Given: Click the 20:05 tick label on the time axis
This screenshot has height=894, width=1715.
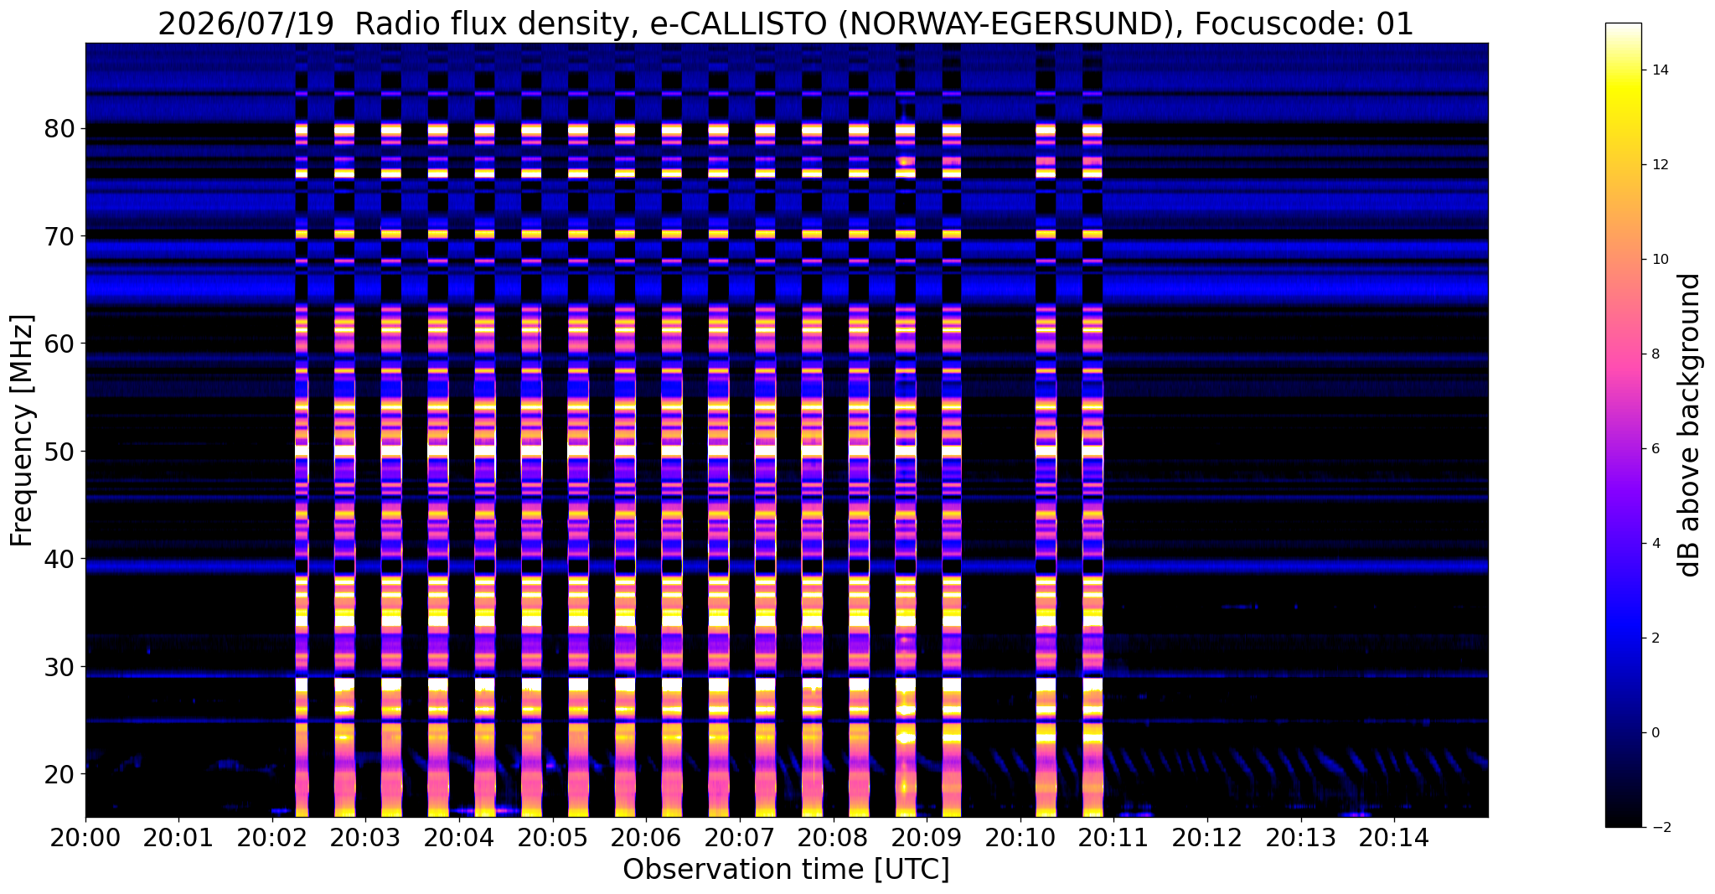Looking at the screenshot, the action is pyautogui.click(x=553, y=837).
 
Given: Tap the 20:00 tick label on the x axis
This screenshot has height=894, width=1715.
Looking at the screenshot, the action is pyautogui.click(x=85, y=837).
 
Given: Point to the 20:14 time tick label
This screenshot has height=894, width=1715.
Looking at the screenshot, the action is pyautogui.click(x=1395, y=837).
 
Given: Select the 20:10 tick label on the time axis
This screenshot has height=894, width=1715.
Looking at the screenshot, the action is pyautogui.click(x=1020, y=837).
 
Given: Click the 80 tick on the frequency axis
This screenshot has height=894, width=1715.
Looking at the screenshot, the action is pyautogui.click(x=61, y=129).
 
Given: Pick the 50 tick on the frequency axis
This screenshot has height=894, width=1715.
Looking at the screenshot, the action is pyautogui.click(x=61, y=452).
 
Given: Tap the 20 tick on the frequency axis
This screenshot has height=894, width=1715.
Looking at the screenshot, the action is pyautogui.click(x=61, y=774).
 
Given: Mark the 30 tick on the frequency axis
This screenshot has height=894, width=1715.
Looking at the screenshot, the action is pyautogui.click(x=61, y=667).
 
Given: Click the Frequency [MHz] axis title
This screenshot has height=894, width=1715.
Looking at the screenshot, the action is pyautogui.click(x=23, y=431).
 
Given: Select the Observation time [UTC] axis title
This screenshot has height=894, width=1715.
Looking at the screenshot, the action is pyautogui.click(x=787, y=870).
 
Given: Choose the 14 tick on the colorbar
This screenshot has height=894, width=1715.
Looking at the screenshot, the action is pyautogui.click(x=1659, y=70).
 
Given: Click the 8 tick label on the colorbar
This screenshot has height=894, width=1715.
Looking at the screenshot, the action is pyautogui.click(x=1654, y=354).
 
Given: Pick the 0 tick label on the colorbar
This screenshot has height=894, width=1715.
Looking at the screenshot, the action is pyautogui.click(x=1654, y=733).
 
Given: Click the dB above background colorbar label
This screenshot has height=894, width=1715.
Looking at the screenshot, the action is pyautogui.click(x=1692, y=425).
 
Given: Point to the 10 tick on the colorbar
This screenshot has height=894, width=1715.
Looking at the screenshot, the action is pyautogui.click(x=1659, y=260).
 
